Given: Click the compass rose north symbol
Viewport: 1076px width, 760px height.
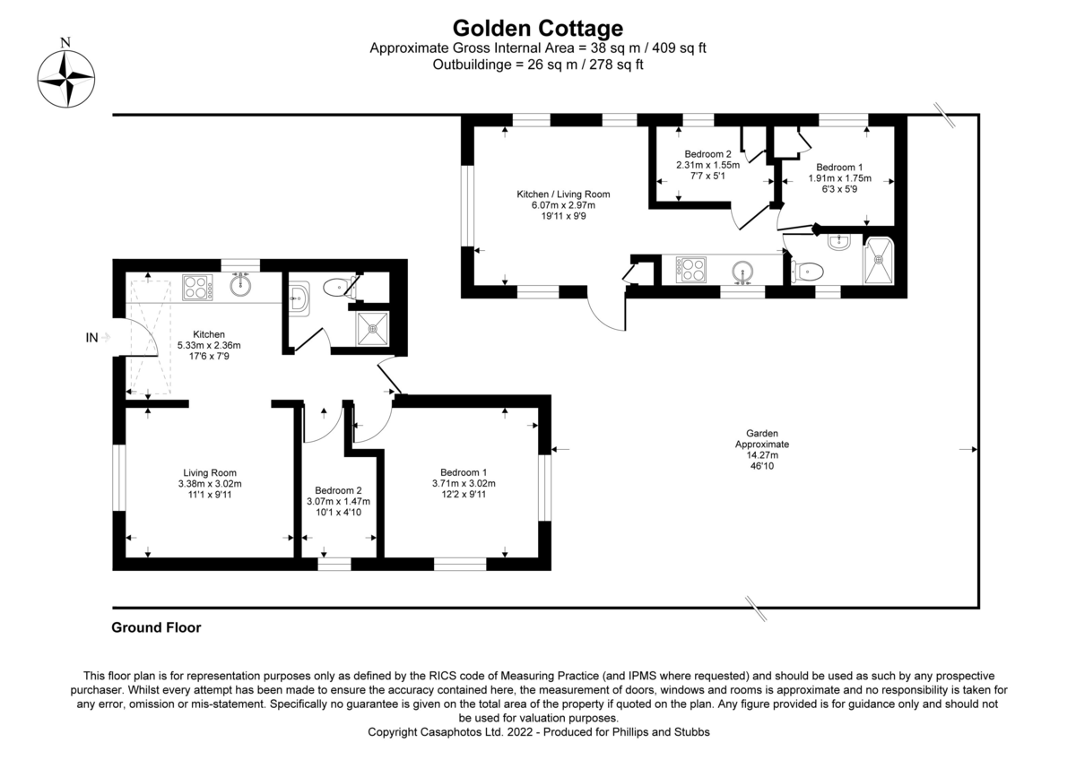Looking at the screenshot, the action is (65, 73).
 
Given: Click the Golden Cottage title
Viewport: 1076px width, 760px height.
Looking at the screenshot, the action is (537, 28).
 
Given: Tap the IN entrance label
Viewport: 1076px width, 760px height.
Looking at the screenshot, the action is (91, 338).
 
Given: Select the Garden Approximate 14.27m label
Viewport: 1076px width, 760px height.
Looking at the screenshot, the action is (762, 449).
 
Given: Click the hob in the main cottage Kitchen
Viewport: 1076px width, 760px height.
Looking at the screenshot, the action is (197, 288).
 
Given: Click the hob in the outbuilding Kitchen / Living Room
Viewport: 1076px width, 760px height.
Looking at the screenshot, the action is (690, 270).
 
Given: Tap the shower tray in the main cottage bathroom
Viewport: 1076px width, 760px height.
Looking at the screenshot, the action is (373, 329).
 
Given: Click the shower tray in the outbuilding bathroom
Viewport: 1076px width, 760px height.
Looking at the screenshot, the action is (879, 261).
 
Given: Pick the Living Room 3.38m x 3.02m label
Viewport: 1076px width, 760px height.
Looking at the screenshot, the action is (210, 483).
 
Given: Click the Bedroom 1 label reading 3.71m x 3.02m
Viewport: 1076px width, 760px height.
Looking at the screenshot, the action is (464, 483).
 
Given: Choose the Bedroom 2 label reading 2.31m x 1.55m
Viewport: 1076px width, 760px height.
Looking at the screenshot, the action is (707, 165).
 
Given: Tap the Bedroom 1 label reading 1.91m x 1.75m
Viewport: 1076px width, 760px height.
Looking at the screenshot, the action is (839, 178).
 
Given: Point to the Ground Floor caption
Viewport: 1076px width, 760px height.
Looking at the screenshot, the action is (156, 627).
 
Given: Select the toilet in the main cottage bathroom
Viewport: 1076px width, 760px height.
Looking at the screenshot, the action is (339, 288).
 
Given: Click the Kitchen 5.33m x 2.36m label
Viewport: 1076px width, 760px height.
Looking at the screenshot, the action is (209, 345).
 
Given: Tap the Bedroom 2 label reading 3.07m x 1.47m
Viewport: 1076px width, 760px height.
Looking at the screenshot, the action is (338, 501).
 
